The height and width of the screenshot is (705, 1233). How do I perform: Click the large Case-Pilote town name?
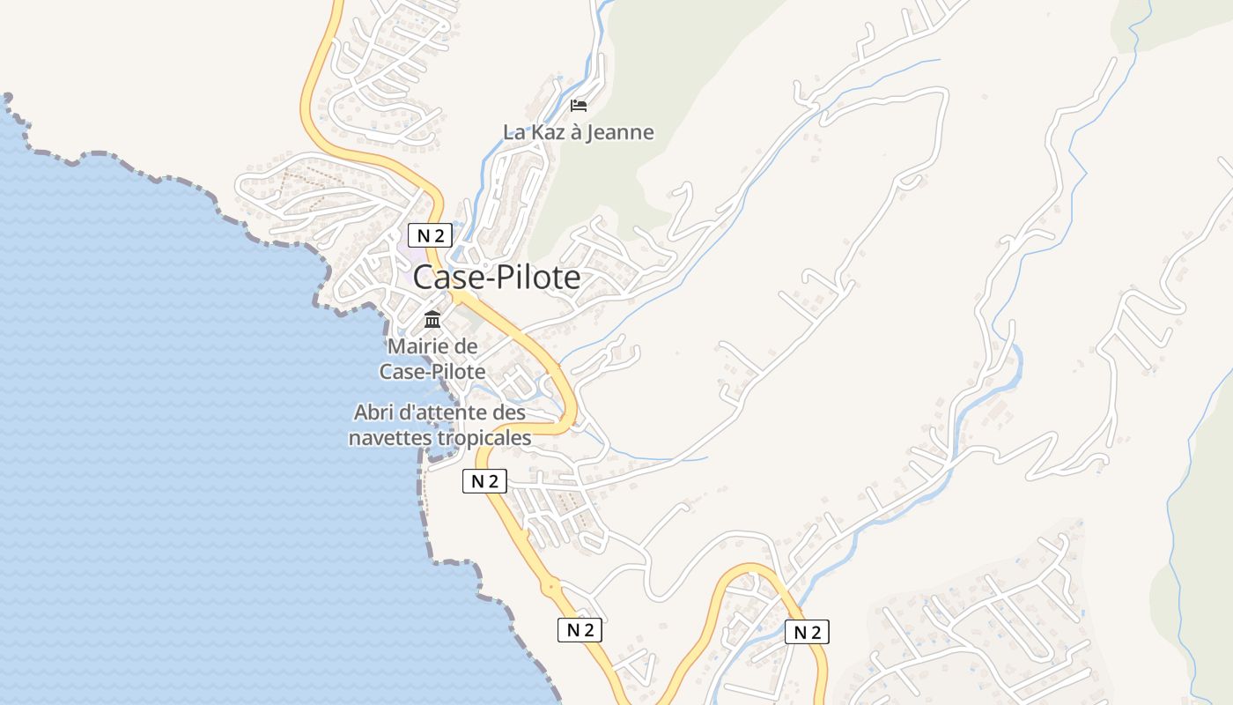[497, 278]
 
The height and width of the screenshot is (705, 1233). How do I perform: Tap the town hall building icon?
[432, 319]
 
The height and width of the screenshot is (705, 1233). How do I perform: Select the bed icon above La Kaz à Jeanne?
[579, 107]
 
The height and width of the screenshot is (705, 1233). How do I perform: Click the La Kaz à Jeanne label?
[579, 132]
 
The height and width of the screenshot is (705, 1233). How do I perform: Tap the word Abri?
[372, 412]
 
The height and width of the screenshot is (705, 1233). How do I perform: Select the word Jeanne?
[624, 132]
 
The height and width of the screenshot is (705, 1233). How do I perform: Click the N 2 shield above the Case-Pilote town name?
[430, 235]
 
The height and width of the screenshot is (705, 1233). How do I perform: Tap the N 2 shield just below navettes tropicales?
[484, 481]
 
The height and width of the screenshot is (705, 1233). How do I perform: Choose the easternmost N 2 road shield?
[807, 632]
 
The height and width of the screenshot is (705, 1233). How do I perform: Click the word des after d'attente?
[509, 412]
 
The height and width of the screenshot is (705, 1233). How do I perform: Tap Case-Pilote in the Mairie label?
[432, 372]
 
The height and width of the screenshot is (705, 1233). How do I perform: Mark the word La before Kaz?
[513, 132]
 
